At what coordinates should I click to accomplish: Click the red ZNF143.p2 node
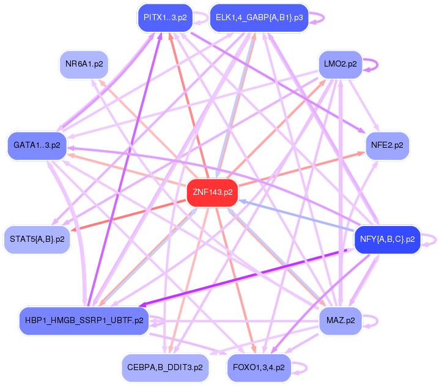coord(212,192)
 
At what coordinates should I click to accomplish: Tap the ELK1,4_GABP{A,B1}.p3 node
coord(259,17)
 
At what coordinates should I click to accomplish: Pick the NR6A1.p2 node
coord(83,63)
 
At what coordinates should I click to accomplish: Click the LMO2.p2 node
coord(341,64)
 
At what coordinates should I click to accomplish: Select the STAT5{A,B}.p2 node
coord(37,239)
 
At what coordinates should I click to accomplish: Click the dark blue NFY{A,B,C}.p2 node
coord(387,239)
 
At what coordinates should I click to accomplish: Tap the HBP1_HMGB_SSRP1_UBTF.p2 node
coord(84,320)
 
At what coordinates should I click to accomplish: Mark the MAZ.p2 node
coord(341,320)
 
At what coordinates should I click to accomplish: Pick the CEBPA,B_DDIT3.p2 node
coord(165,368)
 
